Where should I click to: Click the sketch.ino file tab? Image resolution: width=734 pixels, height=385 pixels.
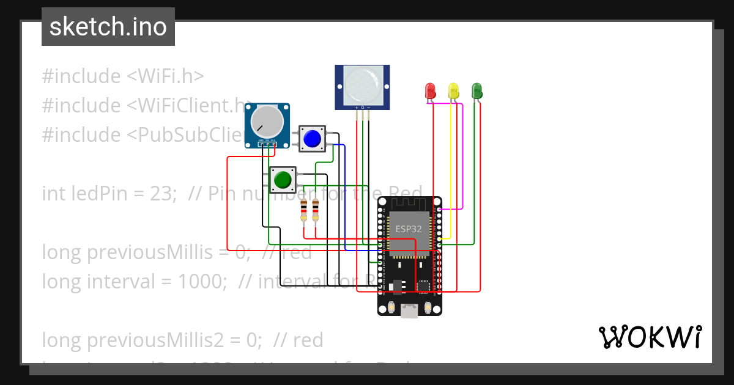click(x=108, y=27)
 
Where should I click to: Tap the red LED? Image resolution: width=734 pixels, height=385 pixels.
click(x=430, y=91)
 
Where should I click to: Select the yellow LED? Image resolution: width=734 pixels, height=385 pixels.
click(x=453, y=91)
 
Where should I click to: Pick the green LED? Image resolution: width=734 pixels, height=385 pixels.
click(x=476, y=91)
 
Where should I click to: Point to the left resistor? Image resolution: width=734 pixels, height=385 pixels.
click(x=304, y=211)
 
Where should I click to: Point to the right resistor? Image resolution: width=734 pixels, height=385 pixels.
click(x=316, y=211)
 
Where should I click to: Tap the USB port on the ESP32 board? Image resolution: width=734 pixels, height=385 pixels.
click(x=409, y=311)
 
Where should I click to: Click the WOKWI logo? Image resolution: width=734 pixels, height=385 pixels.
click(x=650, y=337)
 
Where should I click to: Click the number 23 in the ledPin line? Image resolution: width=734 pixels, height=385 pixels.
click(x=165, y=194)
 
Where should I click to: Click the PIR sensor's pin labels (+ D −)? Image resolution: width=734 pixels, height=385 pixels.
click(x=362, y=108)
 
